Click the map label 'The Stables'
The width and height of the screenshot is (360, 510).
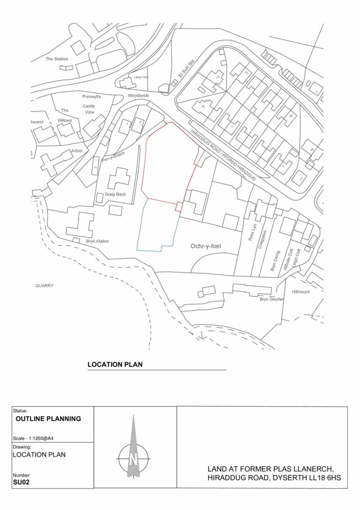coord(57,59)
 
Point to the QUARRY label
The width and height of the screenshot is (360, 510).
coord(45,285)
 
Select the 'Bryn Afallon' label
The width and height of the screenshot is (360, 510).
coord(97,241)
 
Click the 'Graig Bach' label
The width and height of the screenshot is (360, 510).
coord(115,194)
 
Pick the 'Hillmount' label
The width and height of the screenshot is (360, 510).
coord(300,291)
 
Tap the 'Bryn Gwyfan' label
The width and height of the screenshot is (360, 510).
coord(271,299)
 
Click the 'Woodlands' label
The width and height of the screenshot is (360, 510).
coord(138,96)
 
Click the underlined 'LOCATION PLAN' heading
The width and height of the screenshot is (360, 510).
coord(115,365)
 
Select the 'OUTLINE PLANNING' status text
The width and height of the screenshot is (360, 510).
coord(48,419)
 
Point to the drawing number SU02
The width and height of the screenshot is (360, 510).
coord(22,482)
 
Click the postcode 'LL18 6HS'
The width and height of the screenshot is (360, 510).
coord(324,478)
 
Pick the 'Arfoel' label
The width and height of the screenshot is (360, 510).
coord(76,151)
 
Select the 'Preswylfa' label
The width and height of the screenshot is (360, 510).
coord(91,97)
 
